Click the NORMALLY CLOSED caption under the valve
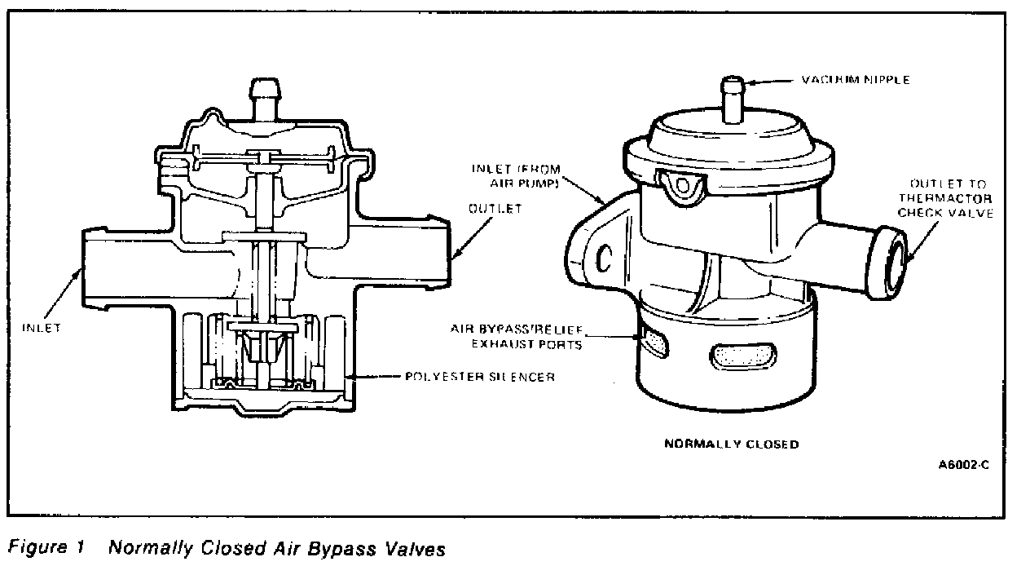(731, 444)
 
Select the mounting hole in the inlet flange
(605, 258)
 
